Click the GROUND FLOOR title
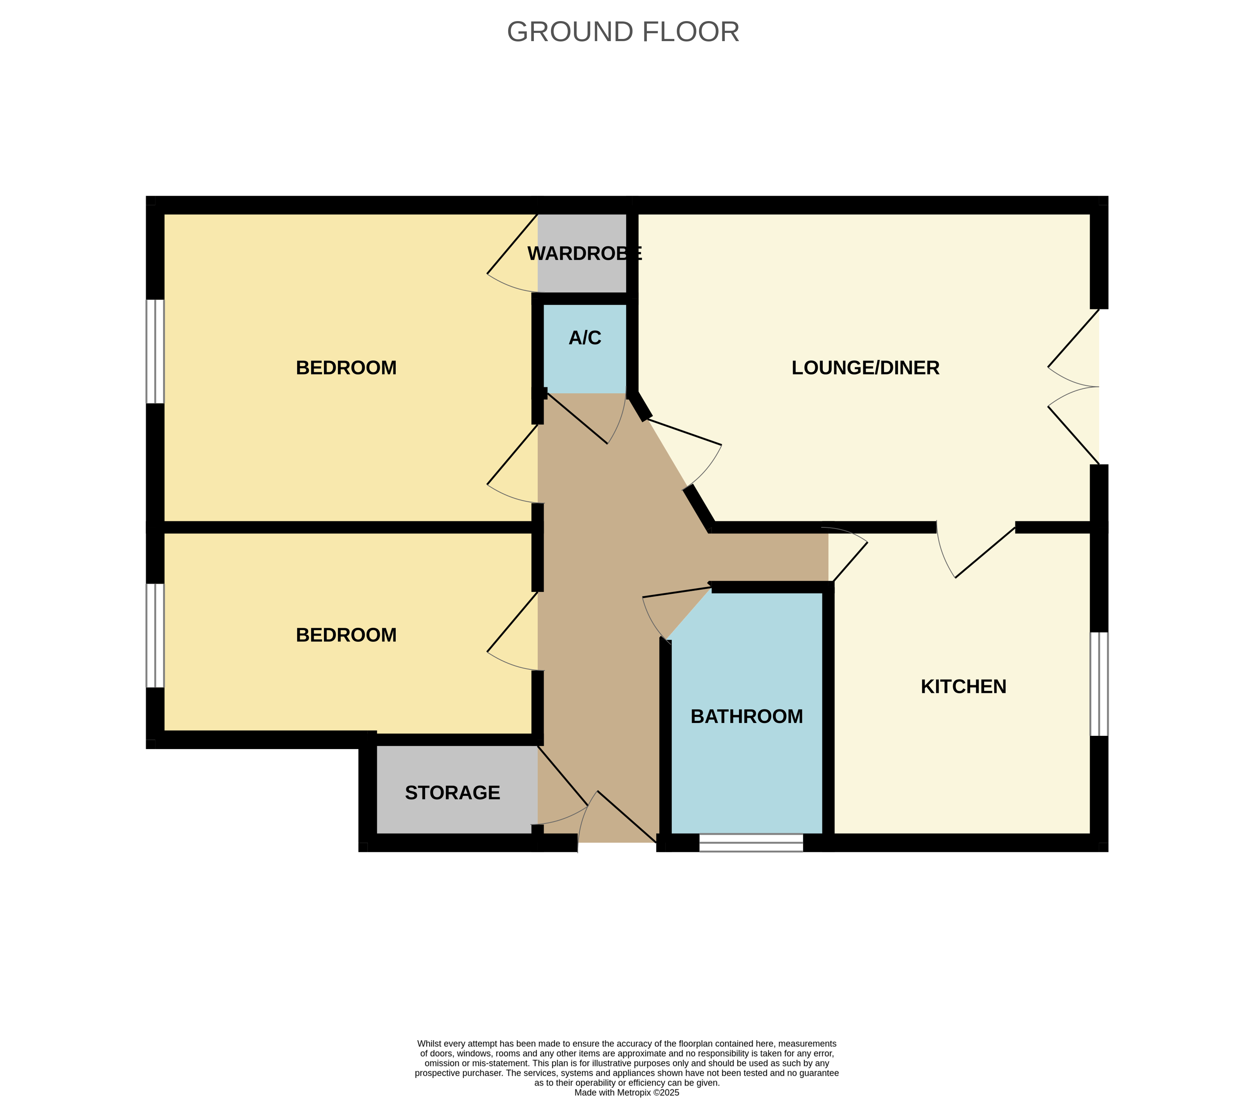tap(623, 32)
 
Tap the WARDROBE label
tap(584, 253)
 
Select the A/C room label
tap(585, 338)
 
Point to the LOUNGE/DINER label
tap(865, 368)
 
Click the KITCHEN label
tap(963, 686)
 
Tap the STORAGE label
tap(452, 793)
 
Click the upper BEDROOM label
tap(346, 368)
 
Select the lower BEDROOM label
tap(346, 635)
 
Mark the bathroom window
tap(751, 842)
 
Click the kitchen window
tap(1098, 684)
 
